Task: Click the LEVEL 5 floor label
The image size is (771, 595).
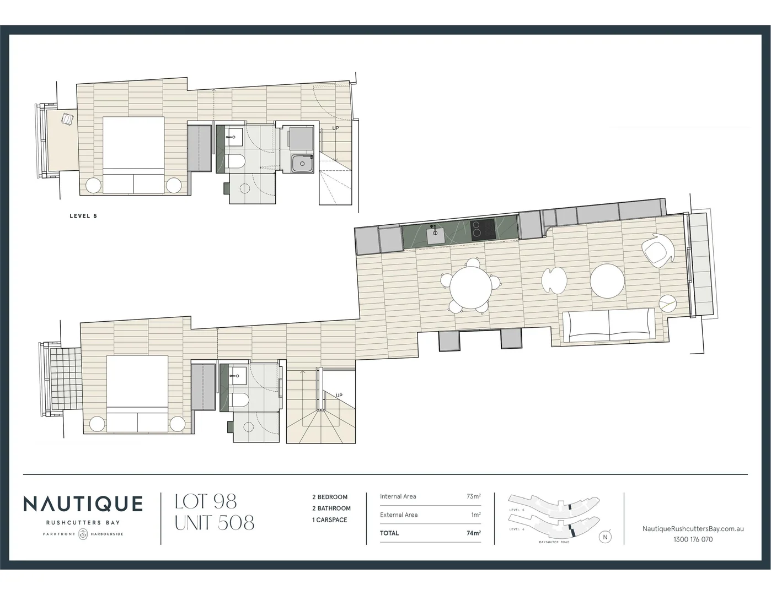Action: click(x=83, y=216)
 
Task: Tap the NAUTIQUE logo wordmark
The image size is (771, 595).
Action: click(x=83, y=504)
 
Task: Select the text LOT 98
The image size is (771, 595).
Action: click(x=206, y=502)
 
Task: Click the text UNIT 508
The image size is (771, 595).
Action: click(x=215, y=522)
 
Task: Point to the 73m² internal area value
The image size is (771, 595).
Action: click(x=473, y=496)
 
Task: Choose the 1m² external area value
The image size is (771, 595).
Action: click(x=475, y=515)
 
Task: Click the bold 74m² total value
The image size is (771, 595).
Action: click(x=473, y=533)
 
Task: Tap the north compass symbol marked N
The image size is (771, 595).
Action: click(x=606, y=537)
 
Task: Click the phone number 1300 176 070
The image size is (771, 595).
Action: click(x=693, y=539)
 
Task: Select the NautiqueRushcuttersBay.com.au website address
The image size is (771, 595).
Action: click(x=693, y=528)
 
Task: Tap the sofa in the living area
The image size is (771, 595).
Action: click(x=609, y=325)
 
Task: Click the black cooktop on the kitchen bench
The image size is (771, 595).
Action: click(x=483, y=229)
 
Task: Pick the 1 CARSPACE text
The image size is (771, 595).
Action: click(x=330, y=520)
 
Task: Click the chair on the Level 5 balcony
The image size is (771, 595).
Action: click(x=67, y=120)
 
